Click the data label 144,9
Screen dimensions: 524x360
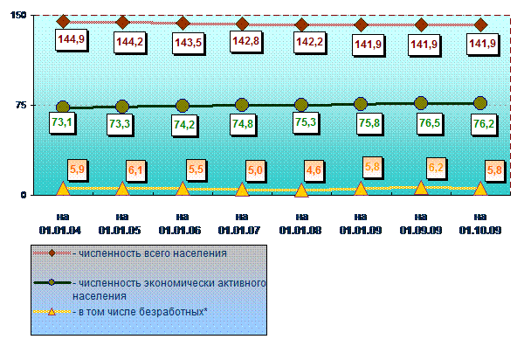[x=72, y=40]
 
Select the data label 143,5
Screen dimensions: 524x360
[x=188, y=43]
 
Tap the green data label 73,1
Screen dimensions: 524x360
[x=62, y=122]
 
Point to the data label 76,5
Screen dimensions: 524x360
[x=430, y=123]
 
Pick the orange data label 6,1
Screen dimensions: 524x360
[x=135, y=170]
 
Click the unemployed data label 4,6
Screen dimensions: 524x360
[x=314, y=170]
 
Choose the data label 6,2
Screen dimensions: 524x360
[x=436, y=168]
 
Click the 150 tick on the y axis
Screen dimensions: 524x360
[x=18, y=15]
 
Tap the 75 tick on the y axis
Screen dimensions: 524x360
[x=21, y=106]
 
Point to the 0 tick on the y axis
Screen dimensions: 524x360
[x=23, y=195]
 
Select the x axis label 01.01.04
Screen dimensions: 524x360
[x=60, y=231]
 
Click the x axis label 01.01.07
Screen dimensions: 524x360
[x=239, y=231]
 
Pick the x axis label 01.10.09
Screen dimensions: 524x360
[x=480, y=231]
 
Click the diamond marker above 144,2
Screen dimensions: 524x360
[x=122, y=23]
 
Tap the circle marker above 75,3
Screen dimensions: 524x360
[x=301, y=105]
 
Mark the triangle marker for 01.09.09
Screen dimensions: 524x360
[x=421, y=188]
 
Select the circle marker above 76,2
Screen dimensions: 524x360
[x=480, y=103]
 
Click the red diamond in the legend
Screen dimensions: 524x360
[x=52, y=253]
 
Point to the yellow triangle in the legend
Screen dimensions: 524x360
[x=52, y=312]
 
